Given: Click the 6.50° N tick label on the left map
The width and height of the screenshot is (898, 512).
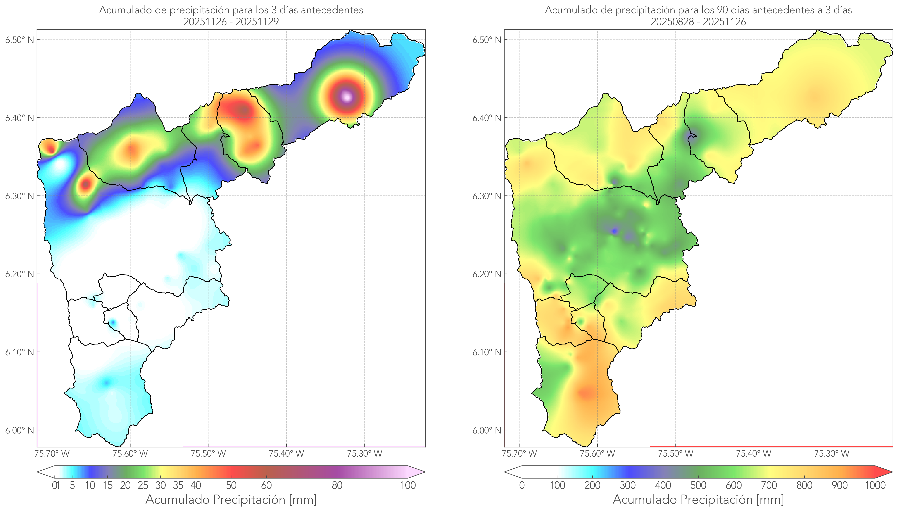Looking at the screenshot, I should tap(19, 40).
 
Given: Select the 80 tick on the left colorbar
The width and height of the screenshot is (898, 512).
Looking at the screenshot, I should tap(337, 485).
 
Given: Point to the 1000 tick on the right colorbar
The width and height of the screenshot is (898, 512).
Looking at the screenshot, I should tap(875, 485).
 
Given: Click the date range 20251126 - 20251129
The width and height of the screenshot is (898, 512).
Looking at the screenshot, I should tap(231, 22).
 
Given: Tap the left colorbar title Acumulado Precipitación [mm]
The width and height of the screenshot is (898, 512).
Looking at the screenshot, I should tap(231, 499).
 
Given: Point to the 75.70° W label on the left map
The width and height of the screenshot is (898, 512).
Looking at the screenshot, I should tap(52, 454).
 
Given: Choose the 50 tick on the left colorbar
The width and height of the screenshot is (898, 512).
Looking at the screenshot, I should tap(231, 485).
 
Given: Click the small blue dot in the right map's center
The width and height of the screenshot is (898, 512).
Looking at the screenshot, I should tap(614, 231).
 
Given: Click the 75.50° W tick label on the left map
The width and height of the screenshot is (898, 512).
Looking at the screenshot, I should tap(208, 454).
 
